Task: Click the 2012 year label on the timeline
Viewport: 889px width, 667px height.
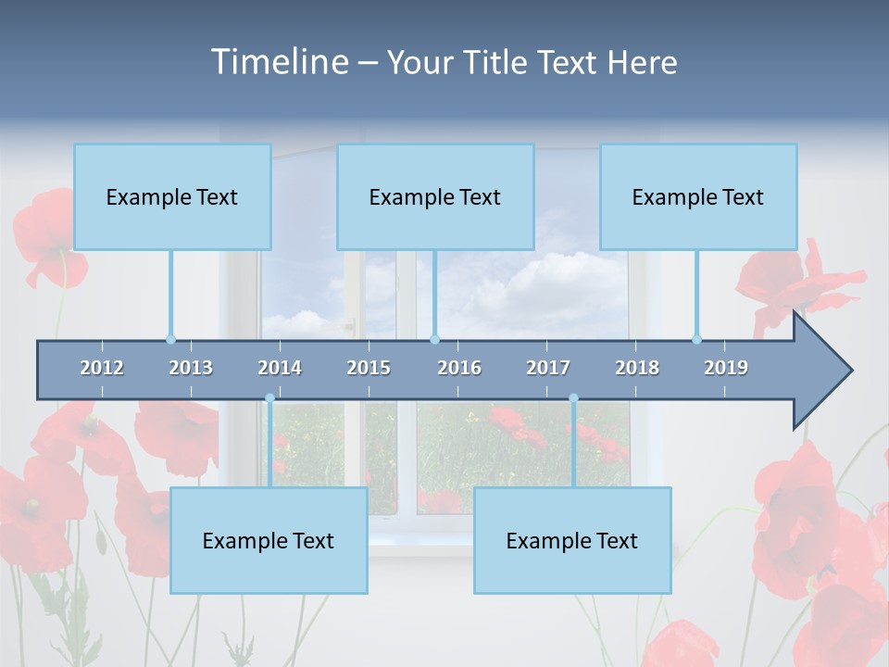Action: click(x=102, y=368)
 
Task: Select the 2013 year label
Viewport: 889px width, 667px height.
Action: click(x=191, y=368)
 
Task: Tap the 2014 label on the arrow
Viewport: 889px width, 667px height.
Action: click(x=280, y=368)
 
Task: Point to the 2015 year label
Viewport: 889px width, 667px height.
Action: click(x=369, y=368)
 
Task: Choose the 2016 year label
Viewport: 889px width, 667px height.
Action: click(x=459, y=368)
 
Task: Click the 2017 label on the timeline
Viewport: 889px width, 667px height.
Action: click(x=548, y=368)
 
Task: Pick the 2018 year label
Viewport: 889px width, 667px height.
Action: click(x=637, y=368)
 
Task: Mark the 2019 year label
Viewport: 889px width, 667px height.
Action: click(x=726, y=368)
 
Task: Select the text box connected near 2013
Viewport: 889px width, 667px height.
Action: click(x=172, y=196)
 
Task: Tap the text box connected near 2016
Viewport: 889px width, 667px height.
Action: click(x=435, y=196)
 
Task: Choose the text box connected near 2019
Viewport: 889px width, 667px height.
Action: click(x=698, y=196)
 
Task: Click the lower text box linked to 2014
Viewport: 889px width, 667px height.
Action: click(x=269, y=540)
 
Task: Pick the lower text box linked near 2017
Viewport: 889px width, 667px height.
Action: click(x=572, y=540)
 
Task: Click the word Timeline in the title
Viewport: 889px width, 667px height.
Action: click(x=278, y=61)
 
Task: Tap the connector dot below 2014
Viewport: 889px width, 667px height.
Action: click(x=269, y=398)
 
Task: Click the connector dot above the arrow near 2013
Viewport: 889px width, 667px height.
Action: click(x=170, y=339)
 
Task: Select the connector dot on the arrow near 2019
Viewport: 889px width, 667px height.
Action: click(x=696, y=339)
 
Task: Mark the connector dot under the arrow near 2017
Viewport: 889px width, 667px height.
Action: click(x=573, y=398)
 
